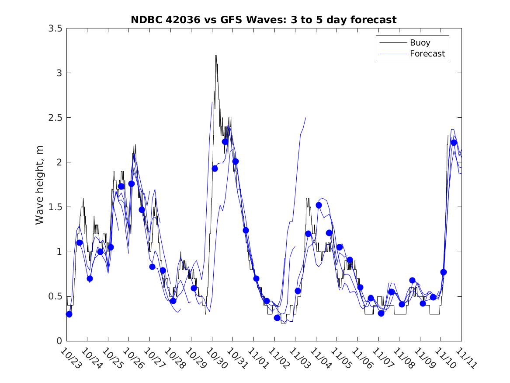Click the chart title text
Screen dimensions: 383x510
[264, 20]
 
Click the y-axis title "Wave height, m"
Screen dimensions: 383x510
[40, 184]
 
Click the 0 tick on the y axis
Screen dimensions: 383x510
[59, 341]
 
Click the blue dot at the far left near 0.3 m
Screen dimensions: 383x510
[69, 314]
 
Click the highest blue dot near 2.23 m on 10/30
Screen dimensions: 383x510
[225, 141]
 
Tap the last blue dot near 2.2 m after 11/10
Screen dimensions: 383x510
[454, 142]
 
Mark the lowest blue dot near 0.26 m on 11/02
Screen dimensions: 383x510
[277, 317]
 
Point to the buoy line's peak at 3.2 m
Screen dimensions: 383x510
[216, 55]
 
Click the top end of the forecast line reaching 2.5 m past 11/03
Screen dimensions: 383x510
[305, 118]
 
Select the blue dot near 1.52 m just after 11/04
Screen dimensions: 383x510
[319, 205]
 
